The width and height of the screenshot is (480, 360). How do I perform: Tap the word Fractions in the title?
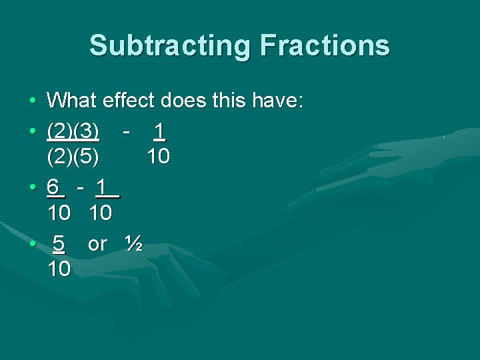(x=325, y=45)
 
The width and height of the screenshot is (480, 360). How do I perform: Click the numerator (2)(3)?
(x=73, y=130)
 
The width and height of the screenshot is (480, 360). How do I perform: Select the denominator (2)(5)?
(x=73, y=157)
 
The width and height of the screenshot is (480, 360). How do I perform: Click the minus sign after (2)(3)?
(x=126, y=130)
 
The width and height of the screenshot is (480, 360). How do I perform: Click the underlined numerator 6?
(x=56, y=187)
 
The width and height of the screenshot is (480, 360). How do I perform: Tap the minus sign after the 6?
(x=80, y=187)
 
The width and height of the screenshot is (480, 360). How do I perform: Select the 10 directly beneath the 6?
(x=59, y=214)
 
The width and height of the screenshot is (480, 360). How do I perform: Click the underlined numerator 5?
(x=59, y=244)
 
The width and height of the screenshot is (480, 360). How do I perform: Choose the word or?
(x=97, y=244)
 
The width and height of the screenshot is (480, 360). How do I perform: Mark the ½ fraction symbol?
(x=133, y=244)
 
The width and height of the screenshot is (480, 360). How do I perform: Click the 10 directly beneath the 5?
(x=59, y=269)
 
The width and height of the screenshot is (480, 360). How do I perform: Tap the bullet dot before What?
(x=33, y=102)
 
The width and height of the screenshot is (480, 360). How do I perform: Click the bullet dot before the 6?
(x=33, y=187)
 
